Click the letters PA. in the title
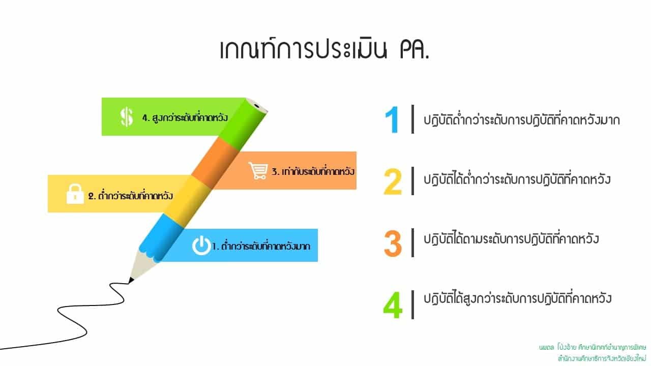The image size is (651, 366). pos(415,50)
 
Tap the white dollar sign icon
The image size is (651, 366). pos(127,117)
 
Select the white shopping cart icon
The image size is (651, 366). pos(258,171)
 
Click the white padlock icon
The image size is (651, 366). pos(75,194)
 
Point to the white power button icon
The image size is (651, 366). pos(201,246)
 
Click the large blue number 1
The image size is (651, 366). pos(392,119)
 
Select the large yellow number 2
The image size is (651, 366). pos(393,181)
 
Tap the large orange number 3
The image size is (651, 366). pos(393,243)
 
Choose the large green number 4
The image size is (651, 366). pos(393,306)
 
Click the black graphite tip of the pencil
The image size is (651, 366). pos(131,280)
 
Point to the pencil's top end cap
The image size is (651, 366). pos(257,105)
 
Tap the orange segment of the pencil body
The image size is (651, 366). pos(215,163)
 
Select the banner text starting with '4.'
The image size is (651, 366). pos(185,117)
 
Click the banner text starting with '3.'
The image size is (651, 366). pos(313,171)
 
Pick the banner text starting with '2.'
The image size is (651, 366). pos(131,196)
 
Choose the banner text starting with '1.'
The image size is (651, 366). pos(261,246)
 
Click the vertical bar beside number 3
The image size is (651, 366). pos(412,243)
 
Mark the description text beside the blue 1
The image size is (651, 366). pos(521,119)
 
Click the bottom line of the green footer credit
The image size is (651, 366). pos(602,358)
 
